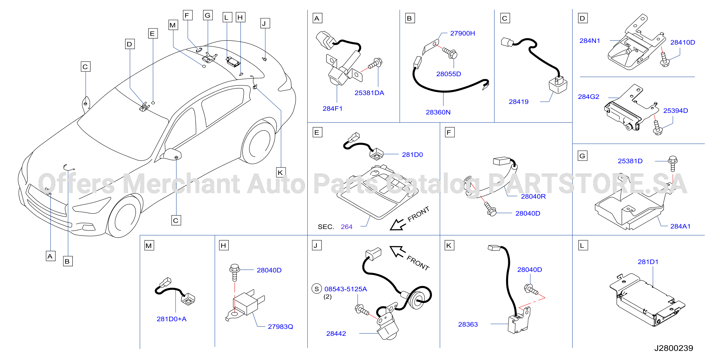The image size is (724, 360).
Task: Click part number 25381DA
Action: pos(369,93)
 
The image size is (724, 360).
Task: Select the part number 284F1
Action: pos(333,108)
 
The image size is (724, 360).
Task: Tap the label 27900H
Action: pos(462,33)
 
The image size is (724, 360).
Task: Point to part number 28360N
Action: pos(438,112)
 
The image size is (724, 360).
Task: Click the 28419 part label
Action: pos(519,102)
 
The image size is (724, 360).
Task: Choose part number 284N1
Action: pos(590,41)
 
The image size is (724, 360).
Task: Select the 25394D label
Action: pos(675,110)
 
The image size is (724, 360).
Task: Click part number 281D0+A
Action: pos(171,319)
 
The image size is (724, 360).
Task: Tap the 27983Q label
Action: pos(280,327)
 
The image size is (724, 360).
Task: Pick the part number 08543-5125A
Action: pos(345,289)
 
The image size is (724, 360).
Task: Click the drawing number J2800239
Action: pos(673,348)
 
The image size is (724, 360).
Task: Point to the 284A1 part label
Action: pos(680,226)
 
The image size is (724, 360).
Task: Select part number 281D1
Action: pos(648,262)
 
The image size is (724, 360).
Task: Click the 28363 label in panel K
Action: pos(468,324)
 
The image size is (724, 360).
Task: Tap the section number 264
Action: pos(346,227)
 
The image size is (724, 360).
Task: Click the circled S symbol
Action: pos(317,289)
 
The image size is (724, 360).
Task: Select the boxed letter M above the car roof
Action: pos(173,25)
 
